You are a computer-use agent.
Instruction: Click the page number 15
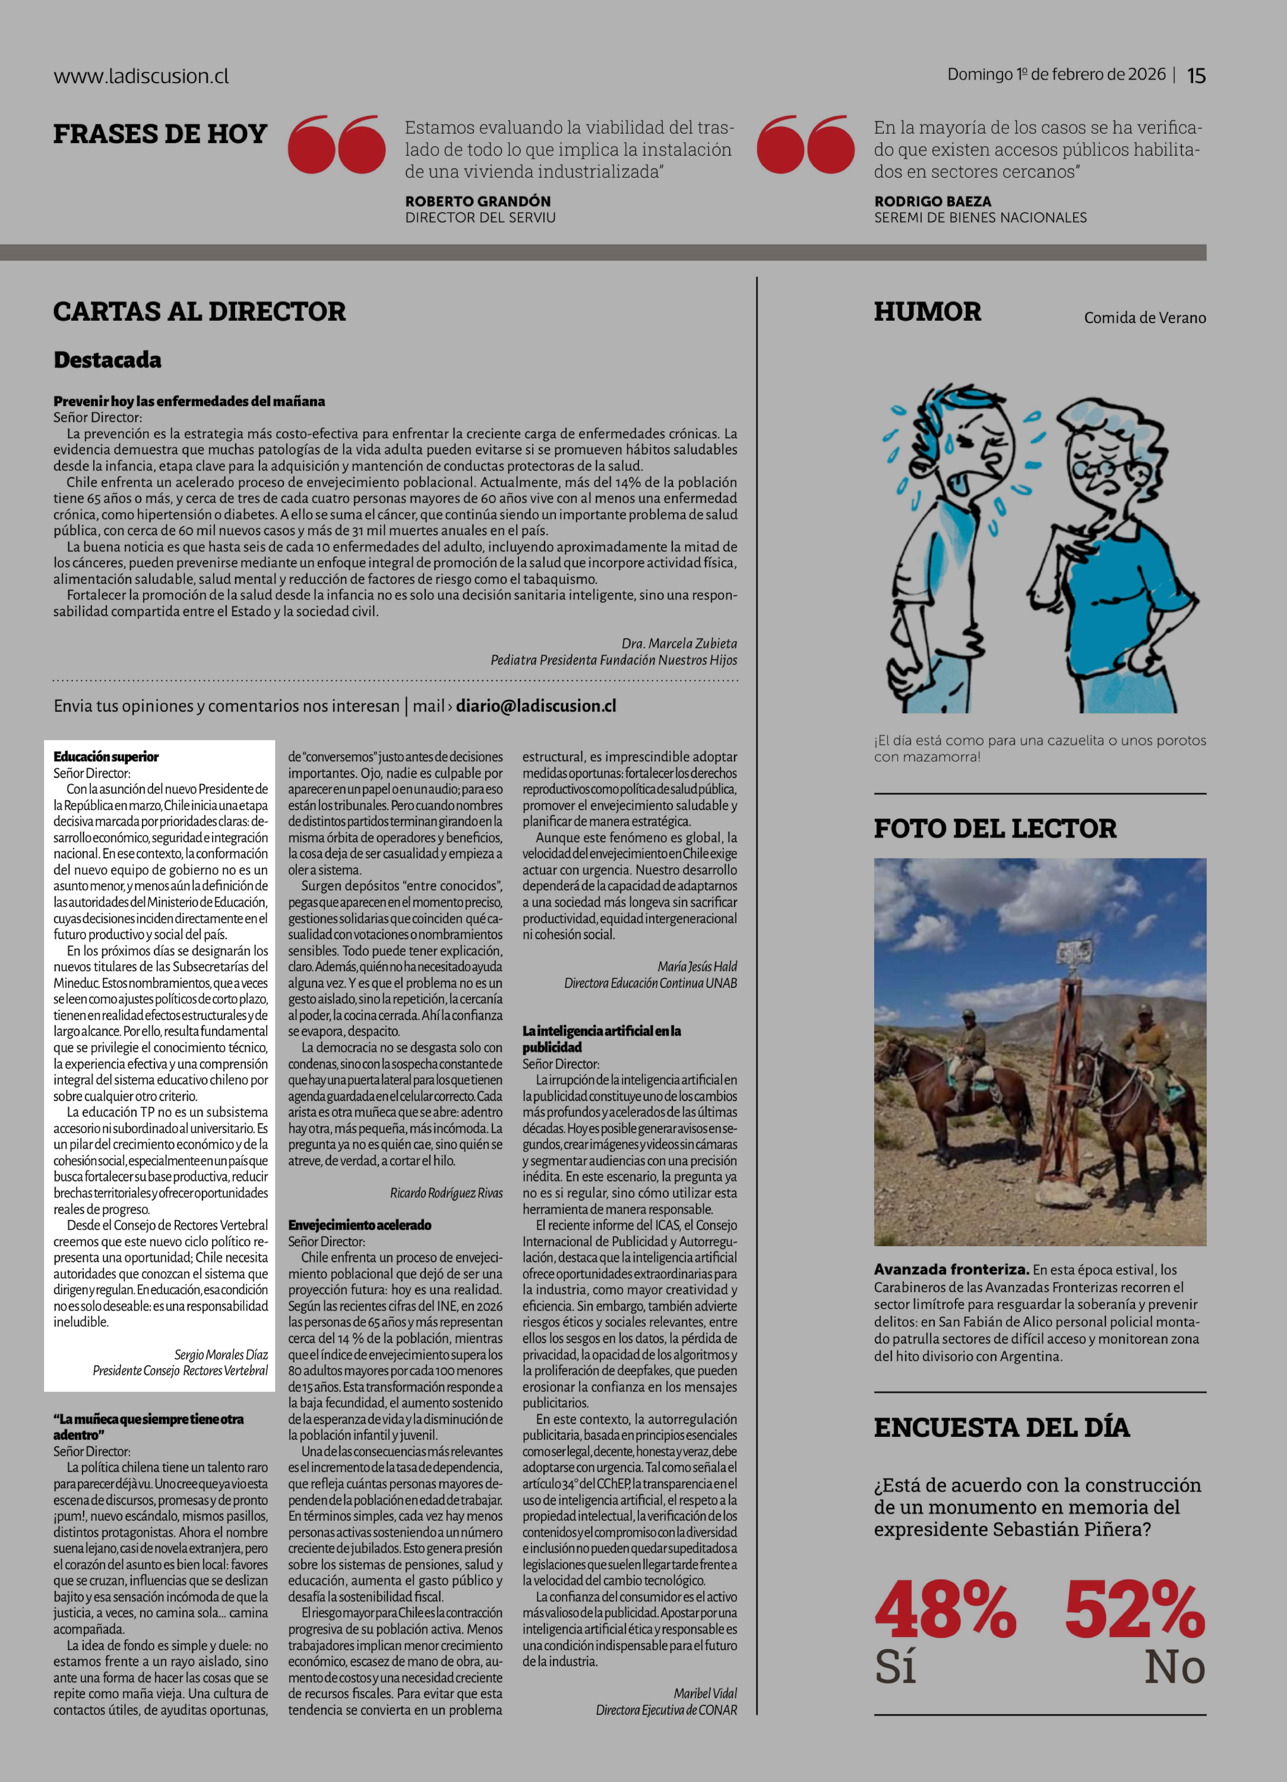point(1196,75)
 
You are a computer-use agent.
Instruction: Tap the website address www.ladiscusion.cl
point(141,76)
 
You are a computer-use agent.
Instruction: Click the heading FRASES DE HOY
point(160,134)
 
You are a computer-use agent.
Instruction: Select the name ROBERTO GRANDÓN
point(478,201)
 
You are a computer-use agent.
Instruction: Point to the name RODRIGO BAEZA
point(933,201)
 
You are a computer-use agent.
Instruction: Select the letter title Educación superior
point(106,757)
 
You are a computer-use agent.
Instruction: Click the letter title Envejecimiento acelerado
point(359,1225)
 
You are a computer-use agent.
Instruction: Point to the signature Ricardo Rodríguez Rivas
point(446,1193)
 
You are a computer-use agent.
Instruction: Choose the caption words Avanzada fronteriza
point(951,1270)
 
